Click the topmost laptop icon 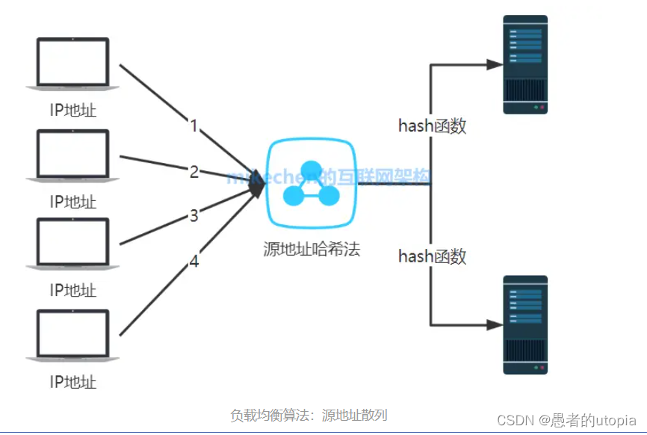point(73,64)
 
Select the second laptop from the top point(73,155)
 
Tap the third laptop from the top point(73,244)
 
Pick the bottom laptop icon point(73,336)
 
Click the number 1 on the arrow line point(194,126)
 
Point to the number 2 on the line point(194,172)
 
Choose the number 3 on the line point(194,216)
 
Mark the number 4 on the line point(194,262)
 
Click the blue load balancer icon point(312,184)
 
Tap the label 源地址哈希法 point(312,249)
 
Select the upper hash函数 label point(432,126)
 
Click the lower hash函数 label point(432,257)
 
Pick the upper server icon point(525,65)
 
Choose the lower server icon point(525,324)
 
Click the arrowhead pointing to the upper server point(494,65)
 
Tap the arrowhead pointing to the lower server point(494,325)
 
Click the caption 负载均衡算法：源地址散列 point(309,416)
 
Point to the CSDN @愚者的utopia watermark point(566,420)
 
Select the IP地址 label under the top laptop point(73,111)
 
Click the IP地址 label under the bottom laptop point(73,383)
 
